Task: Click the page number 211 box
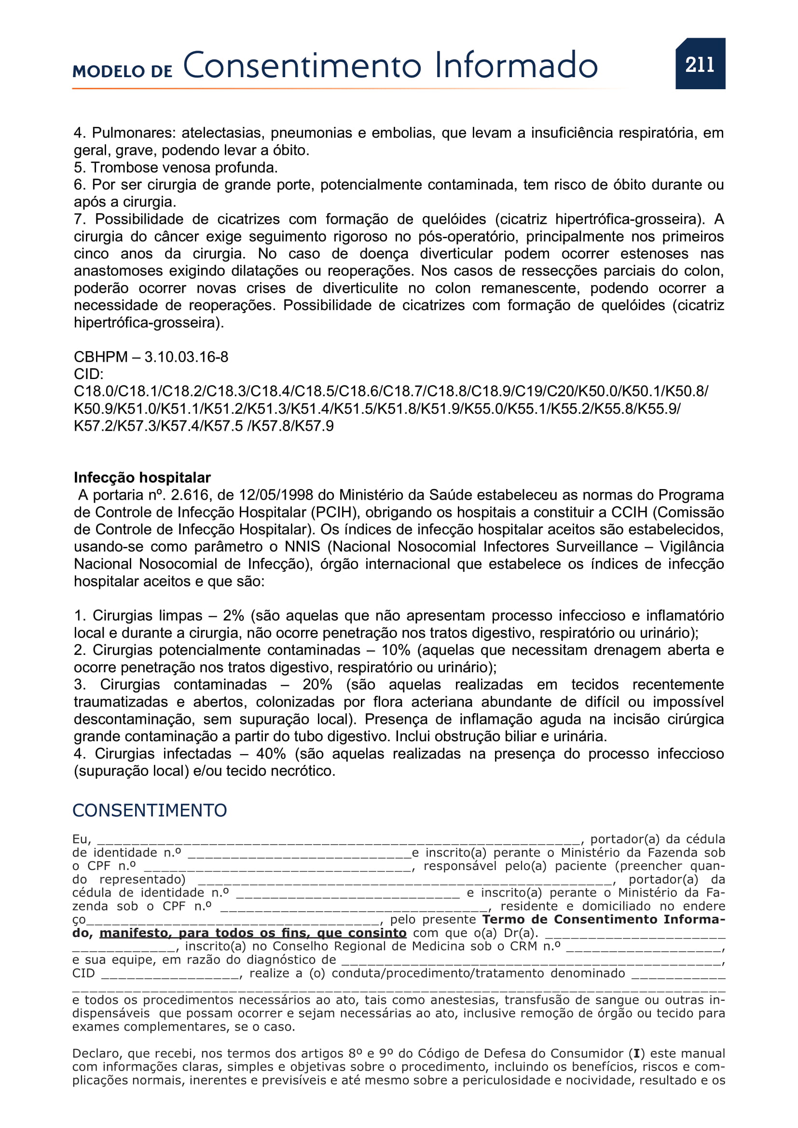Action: [700, 64]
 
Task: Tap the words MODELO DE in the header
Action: [123, 72]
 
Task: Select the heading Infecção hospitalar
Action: [142, 477]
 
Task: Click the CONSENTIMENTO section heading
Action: [150, 811]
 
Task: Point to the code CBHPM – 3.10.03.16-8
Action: [151, 357]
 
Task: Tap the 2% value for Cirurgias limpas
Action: [234, 615]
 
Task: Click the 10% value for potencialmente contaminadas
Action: [396, 650]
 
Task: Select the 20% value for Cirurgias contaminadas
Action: [317, 685]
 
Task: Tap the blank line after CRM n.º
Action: [644, 947]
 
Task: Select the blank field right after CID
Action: [172, 974]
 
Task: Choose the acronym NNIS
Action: [302, 547]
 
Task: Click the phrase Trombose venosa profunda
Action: [184, 167]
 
